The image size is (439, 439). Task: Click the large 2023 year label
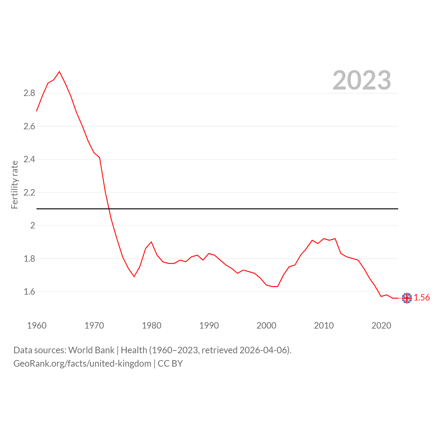[x=361, y=80]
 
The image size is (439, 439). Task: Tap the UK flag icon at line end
[x=407, y=298]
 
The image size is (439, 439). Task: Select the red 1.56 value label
[x=422, y=297]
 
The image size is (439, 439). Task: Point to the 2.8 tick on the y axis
[x=29, y=93]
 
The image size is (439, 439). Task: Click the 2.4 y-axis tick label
[x=29, y=159]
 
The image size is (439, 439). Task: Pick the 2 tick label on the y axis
[x=33, y=225]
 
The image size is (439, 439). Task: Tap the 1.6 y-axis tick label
[x=29, y=292]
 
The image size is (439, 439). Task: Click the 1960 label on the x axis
[x=37, y=325]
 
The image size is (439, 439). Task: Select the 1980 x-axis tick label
[x=152, y=325]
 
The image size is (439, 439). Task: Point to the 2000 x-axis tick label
[x=266, y=325]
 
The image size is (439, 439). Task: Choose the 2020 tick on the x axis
[x=381, y=325]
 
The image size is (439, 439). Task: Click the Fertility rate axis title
[x=14, y=185]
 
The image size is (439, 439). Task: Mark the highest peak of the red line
[x=59, y=72]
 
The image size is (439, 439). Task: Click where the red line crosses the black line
[x=109, y=209]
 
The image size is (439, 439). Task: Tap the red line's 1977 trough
[x=134, y=276]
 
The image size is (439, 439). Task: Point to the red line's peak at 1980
[x=151, y=242]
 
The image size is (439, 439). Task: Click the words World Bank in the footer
[x=91, y=350]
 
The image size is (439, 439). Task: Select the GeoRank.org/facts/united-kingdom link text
[x=82, y=364]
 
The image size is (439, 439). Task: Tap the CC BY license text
[x=170, y=364]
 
